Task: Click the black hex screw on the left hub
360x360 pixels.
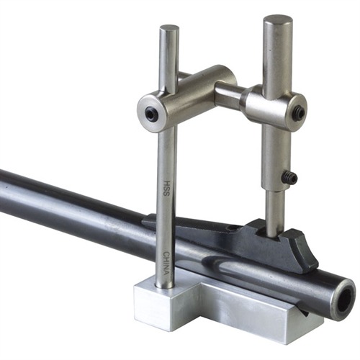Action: (150, 113)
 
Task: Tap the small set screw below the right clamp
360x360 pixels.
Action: (289, 178)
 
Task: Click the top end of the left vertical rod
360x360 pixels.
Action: (169, 30)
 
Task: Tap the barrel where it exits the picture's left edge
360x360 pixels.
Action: (4, 191)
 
